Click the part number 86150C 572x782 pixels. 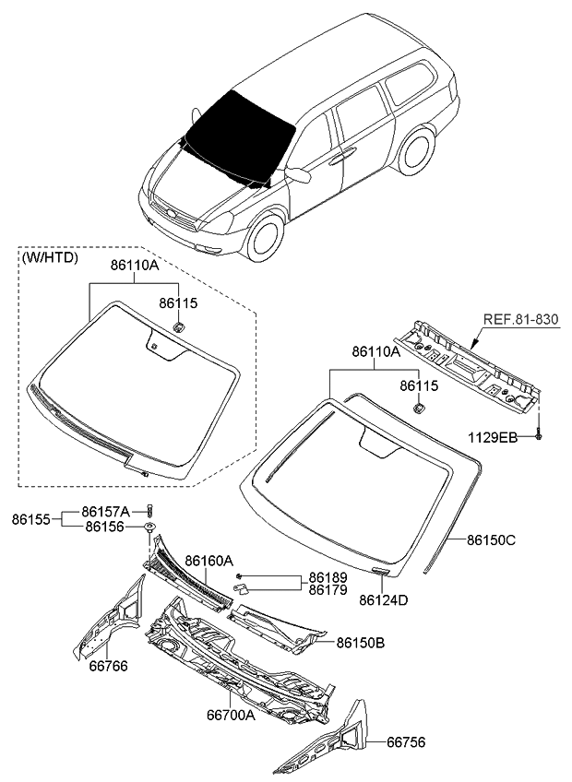(x=491, y=541)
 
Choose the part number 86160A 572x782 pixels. (x=209, y=560)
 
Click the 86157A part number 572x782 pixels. (x=106, y=511)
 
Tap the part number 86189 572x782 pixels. (x=328, y=576)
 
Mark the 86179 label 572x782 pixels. (x=328, y=589)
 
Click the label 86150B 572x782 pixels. (x=361, y=642)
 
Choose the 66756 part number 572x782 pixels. (x=406, y=741)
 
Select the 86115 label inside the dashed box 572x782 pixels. (x=178, y=302)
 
